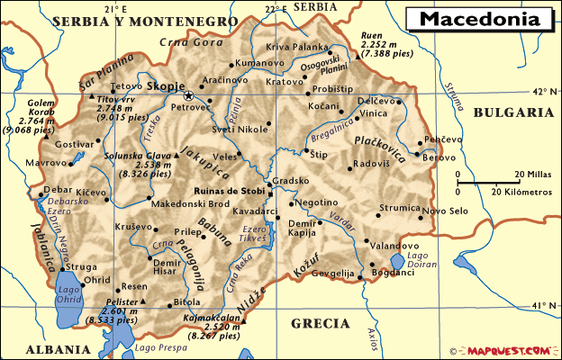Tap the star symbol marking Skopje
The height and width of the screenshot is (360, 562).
[189, 95]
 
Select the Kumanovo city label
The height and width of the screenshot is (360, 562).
[258, 63]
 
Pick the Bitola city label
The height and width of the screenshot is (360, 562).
[187, 301]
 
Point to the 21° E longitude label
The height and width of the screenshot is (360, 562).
[114, 8]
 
